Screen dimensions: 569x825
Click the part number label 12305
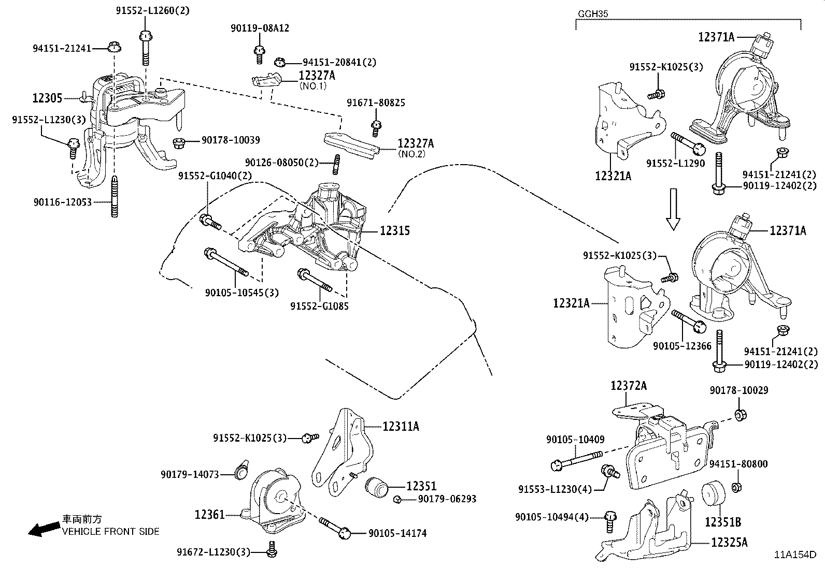tap(47, 98)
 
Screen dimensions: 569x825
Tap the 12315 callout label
tap(394, 231)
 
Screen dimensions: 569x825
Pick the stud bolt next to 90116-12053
tap(113, 197)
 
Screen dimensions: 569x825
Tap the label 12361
tap(210, 514)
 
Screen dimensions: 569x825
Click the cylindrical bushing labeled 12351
tap(377, 487)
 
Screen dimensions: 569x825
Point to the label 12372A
tap(628, 386)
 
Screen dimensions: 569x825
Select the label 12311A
tap(401, 426)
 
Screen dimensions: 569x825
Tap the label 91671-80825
tap(376, 104)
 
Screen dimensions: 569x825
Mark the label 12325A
tap(729, 542)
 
